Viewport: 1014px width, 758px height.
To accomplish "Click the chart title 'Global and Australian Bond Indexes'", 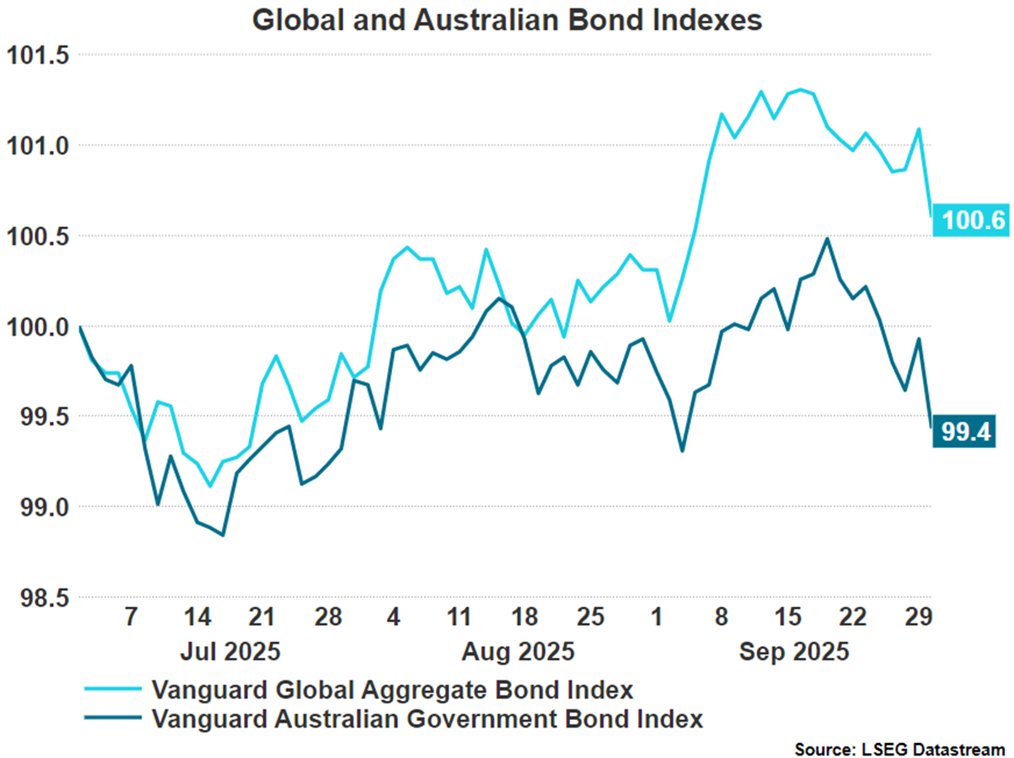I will [506, 20].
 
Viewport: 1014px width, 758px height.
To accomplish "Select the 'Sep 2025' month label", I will [794, 651].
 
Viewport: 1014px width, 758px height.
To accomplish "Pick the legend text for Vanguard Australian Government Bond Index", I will [428, 718].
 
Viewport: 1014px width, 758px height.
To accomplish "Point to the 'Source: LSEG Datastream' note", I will [899, 749].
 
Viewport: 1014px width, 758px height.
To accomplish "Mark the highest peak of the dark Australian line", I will [827, 239].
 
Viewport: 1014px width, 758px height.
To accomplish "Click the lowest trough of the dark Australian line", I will [223, 535].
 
